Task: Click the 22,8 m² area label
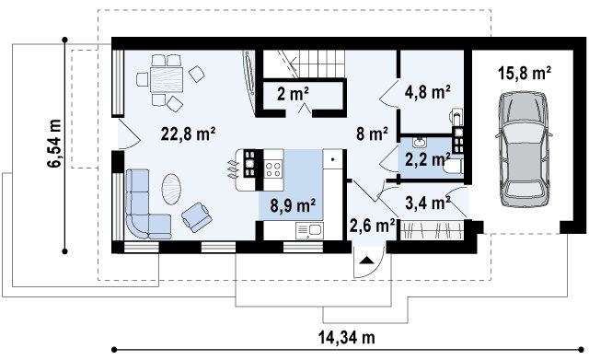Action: (188, 134)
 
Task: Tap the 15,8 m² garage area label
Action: (525, 73)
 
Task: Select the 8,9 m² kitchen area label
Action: (293, 205)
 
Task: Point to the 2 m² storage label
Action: (293, 94)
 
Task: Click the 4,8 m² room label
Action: (428, 91)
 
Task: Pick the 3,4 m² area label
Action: (428, 203)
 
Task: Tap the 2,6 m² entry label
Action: (372, 226)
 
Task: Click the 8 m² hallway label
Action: (372, 134)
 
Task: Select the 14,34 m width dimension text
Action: (347, 338)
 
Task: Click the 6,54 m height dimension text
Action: (54, 143)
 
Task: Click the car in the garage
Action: (524, 148)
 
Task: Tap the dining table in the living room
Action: (167, 80)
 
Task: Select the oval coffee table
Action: (172, 189)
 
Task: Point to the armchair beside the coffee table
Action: (196, 216)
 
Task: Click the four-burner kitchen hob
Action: (273, 168)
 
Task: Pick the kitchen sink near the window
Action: (309, 230)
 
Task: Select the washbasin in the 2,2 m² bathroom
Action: (418, 142)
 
